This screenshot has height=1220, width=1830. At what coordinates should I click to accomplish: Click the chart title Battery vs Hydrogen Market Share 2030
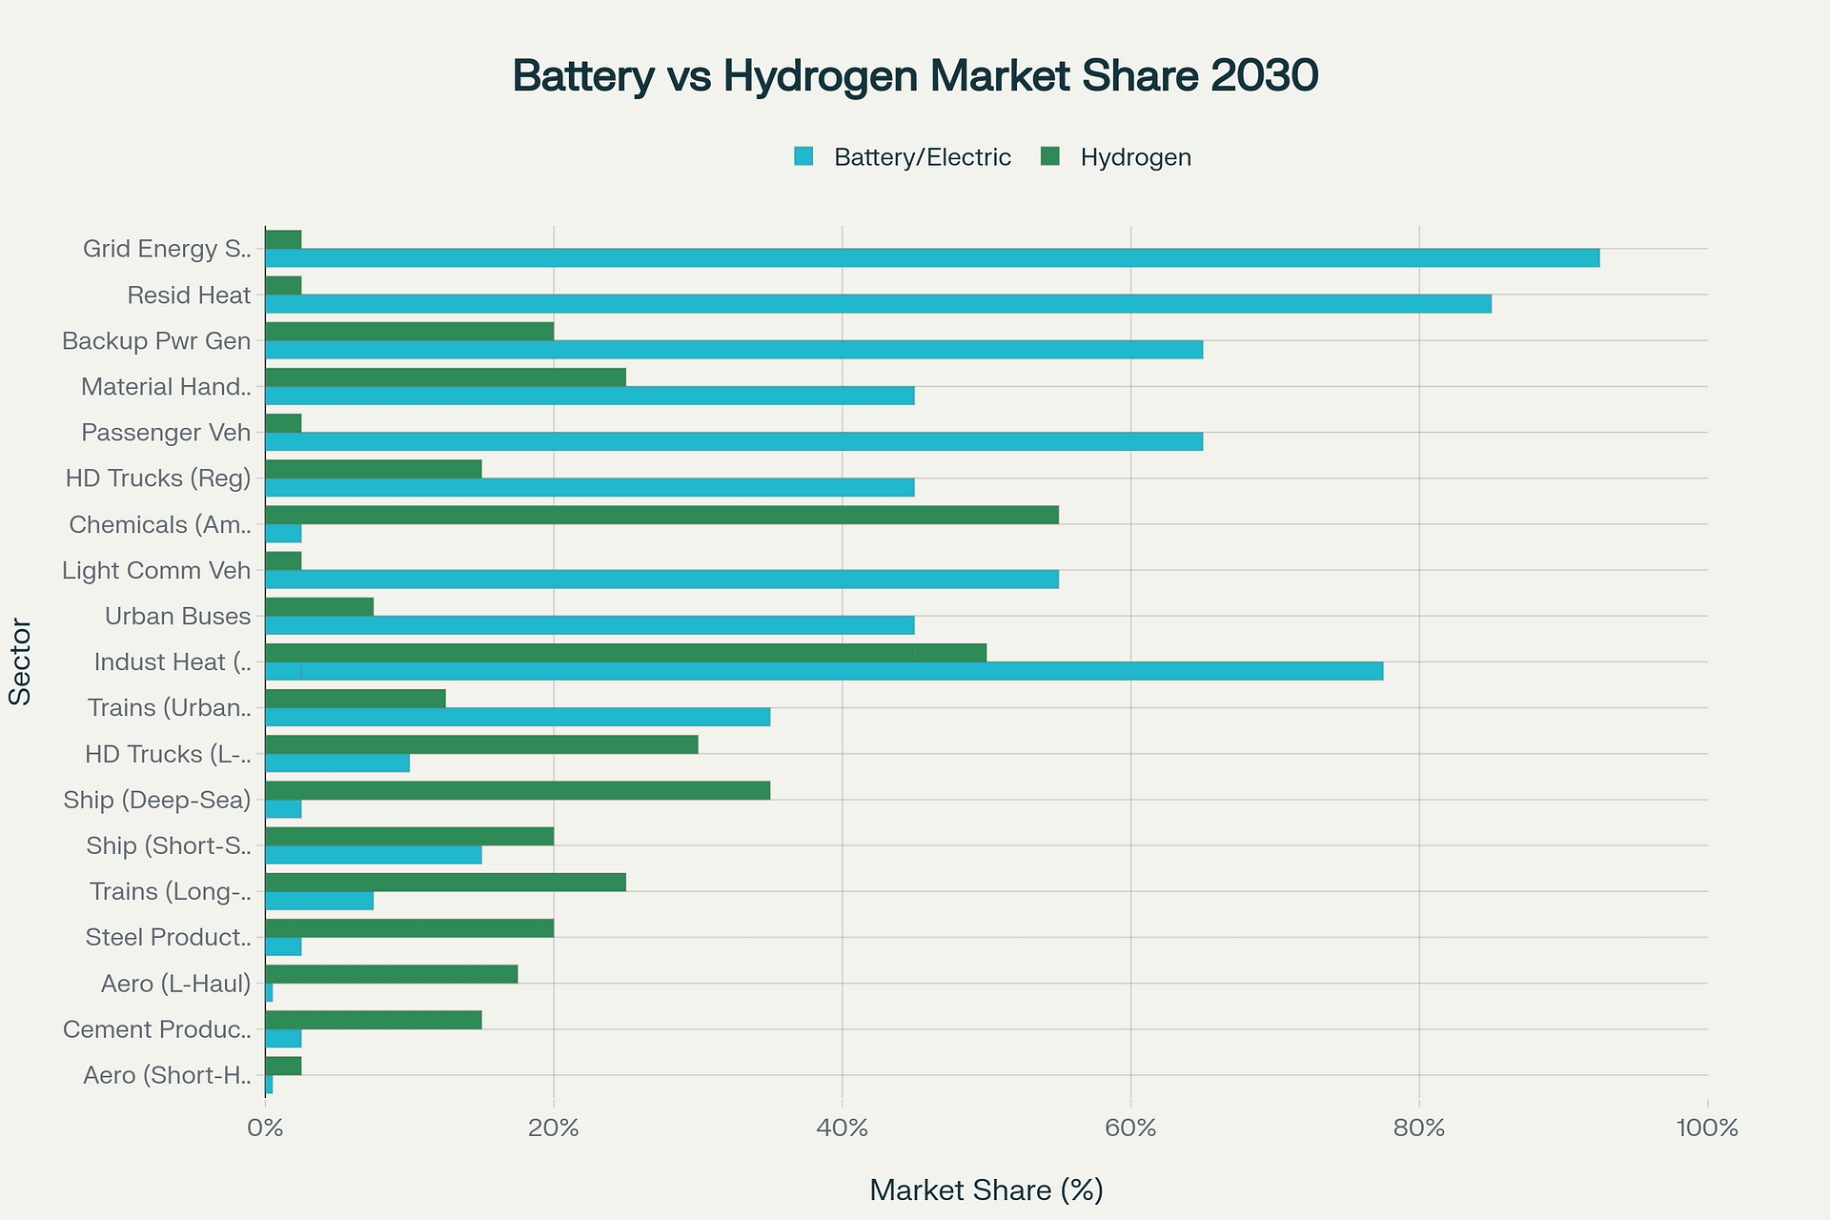(x=915, y=76)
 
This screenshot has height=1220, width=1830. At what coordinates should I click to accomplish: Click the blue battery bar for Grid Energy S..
(x=931, y=257)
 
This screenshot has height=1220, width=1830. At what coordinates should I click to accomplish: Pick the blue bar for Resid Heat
(x=877, y=304)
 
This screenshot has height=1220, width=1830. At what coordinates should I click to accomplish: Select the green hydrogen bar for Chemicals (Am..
(x=661, y=515)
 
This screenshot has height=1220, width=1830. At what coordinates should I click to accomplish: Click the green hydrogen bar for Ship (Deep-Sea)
(x=518, y=790)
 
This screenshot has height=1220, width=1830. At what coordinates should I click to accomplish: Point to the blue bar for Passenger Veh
(x=734, y=441)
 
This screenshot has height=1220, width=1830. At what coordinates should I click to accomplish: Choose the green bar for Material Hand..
(x=445, y=377)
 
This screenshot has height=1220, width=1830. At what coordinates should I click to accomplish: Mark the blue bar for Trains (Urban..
(x=518, y=717)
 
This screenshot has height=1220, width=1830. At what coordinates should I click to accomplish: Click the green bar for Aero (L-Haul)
(x=391, y=974)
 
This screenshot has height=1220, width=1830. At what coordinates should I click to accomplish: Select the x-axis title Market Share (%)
(x=986, y=1190)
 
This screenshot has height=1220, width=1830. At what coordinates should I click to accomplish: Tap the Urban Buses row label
(x=177, y=617)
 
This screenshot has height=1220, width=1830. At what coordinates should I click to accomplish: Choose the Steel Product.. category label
(x=168, y=938)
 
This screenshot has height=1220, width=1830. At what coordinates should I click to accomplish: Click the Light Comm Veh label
(x=156, y=571)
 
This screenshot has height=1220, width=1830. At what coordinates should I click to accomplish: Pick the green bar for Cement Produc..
(x=373, y=1020)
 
